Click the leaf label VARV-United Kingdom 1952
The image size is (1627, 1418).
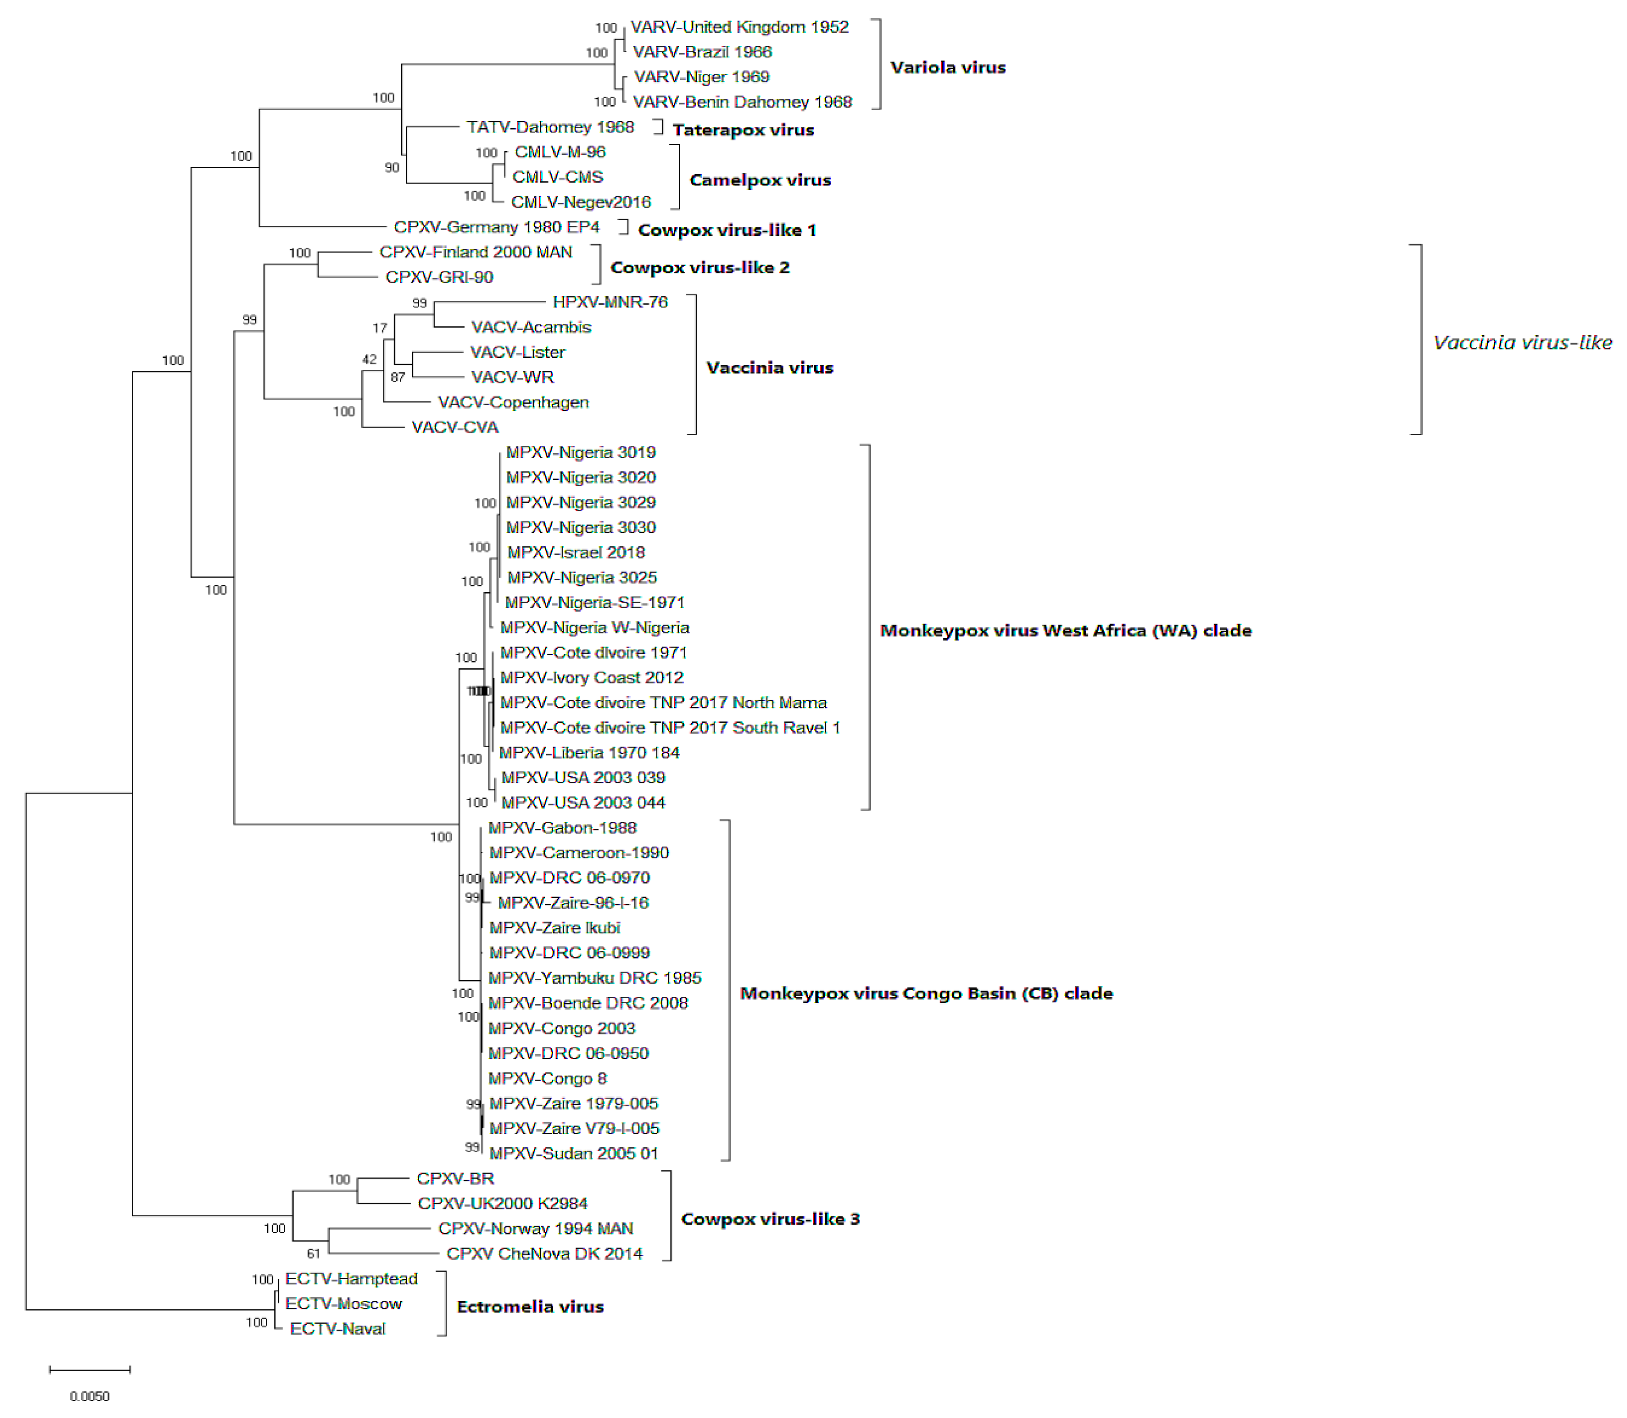[x=739, y=27]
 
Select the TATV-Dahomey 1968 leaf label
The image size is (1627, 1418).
[x=550, y=127]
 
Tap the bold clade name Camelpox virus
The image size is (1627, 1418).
[x=760, y=180]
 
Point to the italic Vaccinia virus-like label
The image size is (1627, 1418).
[x=1522, y=343]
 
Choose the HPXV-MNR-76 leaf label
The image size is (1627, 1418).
[x=609, y=302]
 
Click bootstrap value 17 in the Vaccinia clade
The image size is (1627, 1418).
[x=380, y=328]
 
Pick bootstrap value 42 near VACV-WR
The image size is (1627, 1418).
[x=369, y=359]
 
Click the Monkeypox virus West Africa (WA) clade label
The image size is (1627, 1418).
[x=1065, y=631]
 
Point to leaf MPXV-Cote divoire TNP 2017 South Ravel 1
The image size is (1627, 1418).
[x=670, y=728]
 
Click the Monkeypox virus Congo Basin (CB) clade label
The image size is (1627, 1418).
[x=926, y=994]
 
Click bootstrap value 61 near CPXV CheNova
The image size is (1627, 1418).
[x=314, y=1253]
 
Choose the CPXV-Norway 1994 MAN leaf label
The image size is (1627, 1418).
[x=535, y=1229]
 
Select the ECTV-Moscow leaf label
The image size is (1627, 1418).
[x=344, y=1304]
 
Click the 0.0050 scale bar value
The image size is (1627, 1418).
[x=89, y=1397]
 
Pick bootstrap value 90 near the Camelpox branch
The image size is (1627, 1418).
[x=392, y=168]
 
